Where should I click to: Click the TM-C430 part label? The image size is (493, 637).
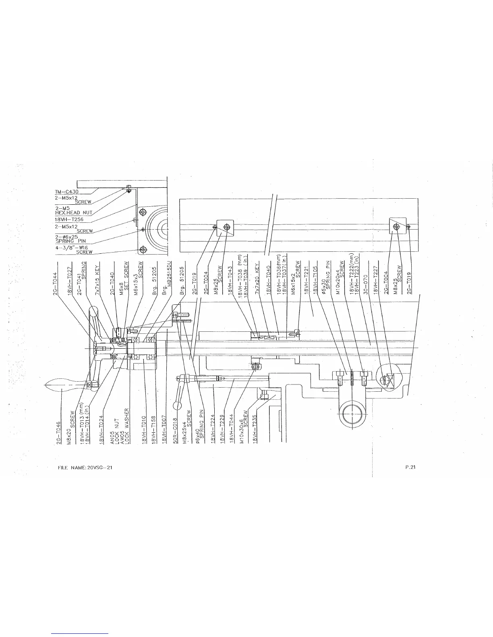coord(66,191)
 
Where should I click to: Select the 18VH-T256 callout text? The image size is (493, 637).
coord(69,220)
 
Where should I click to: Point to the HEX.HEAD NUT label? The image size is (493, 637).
coord(74,213)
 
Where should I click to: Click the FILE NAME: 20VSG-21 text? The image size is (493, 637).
coord(85,467)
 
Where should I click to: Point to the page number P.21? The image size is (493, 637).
coord(410,467)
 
